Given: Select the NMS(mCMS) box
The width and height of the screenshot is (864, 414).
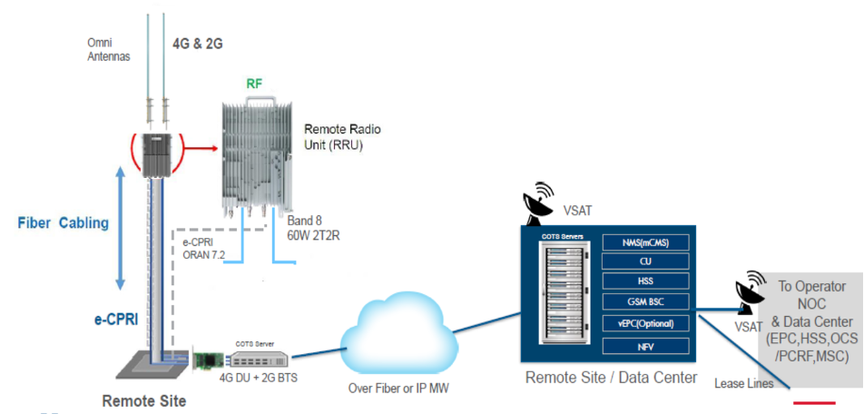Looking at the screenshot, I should [644, 241].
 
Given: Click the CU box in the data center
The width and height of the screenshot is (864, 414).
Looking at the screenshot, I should [644, 261].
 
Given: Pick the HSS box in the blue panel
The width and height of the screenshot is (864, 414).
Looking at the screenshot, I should [644, 281].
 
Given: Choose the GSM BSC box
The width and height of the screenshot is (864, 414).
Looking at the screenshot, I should [644, 302].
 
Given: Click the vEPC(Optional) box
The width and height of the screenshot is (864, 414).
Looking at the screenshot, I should [644, 323].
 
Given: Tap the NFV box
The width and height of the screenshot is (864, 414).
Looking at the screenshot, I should [644, 345].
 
